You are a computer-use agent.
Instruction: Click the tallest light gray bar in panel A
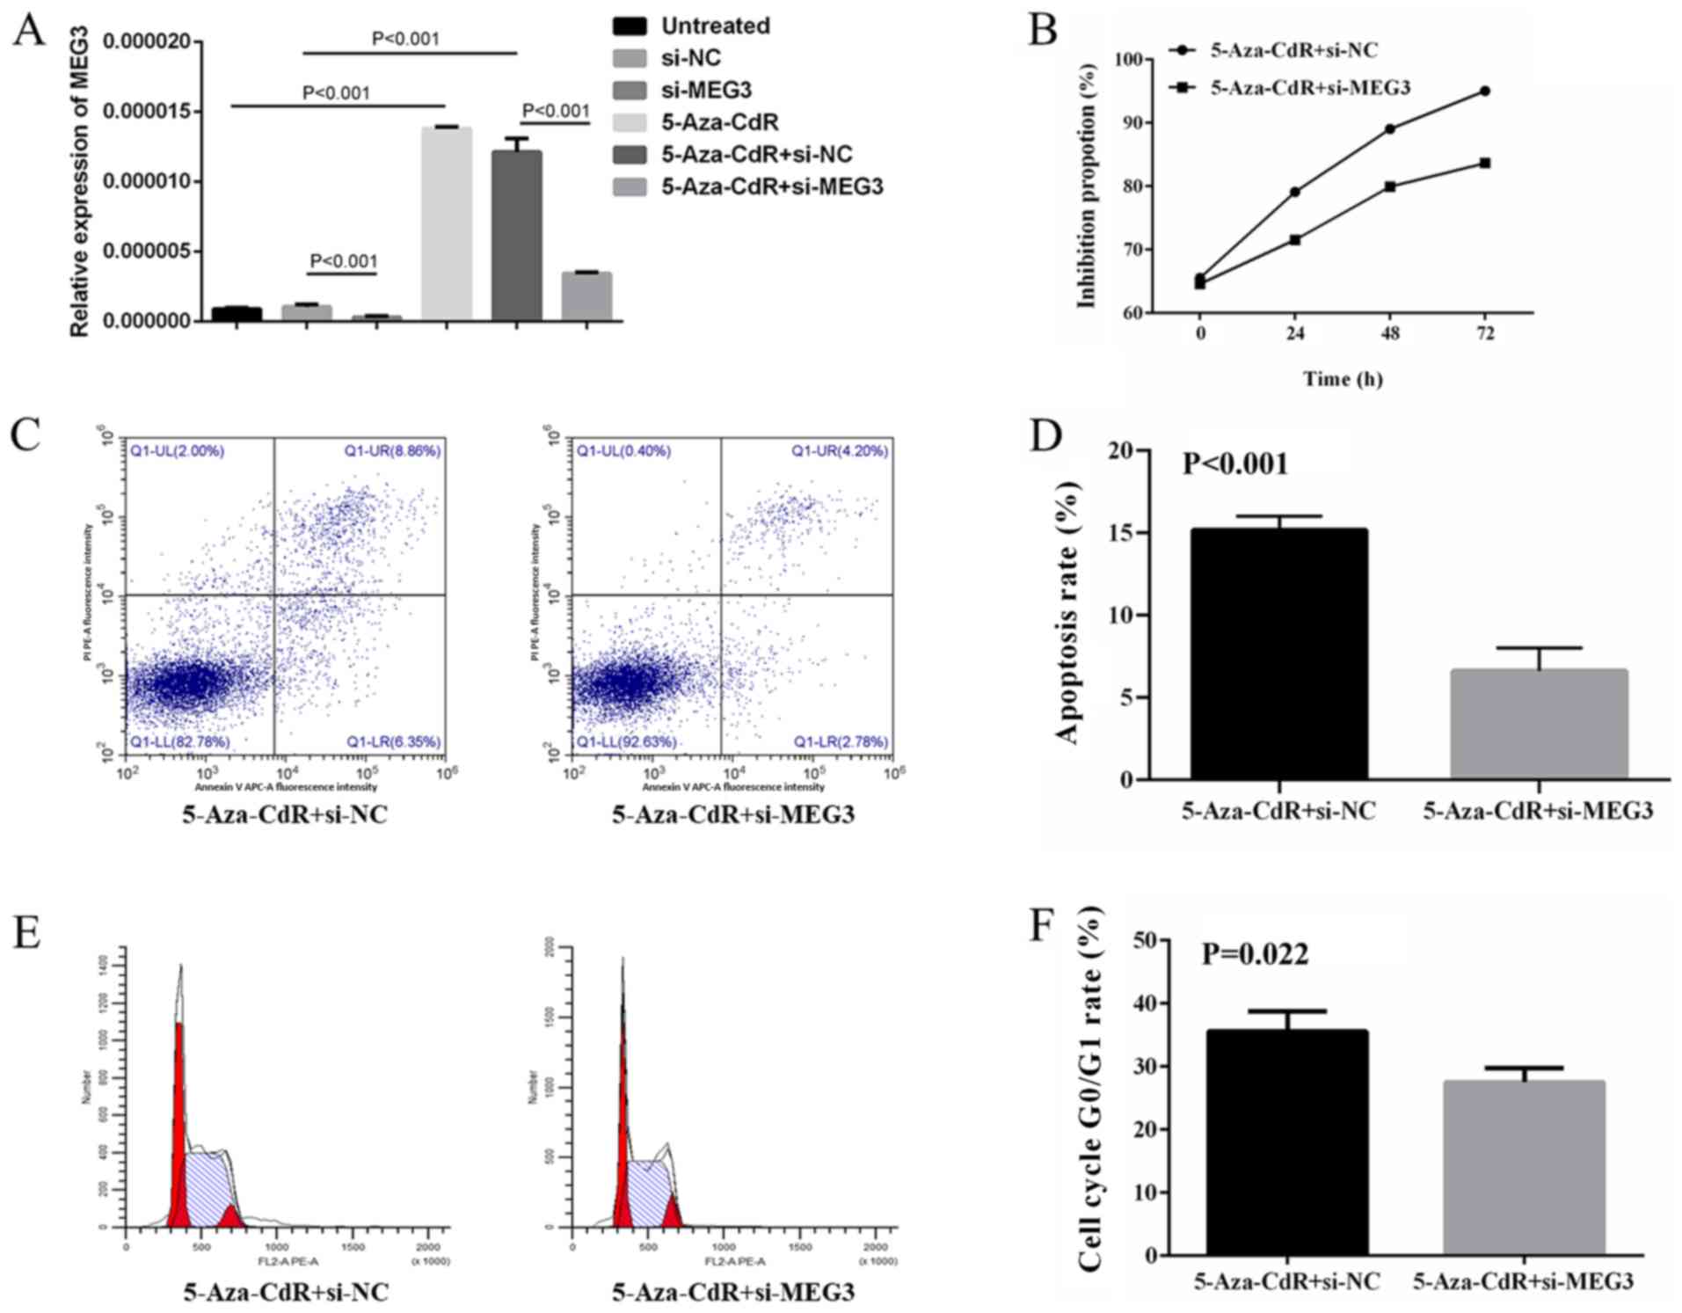(x=447, y=223)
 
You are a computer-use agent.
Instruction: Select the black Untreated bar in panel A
(x=237, y=314)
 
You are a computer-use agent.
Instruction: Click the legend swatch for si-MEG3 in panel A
(x=630, y=91)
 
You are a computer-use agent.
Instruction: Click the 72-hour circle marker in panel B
(x=1485, y=91)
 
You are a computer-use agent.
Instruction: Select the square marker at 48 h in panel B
(x=1390, y=186)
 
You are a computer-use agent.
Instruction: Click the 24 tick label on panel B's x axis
(x=1295, y=334)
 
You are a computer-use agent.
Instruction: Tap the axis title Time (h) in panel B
(x=1343, y=379)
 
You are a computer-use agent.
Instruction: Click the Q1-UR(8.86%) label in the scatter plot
(x=392, y=451)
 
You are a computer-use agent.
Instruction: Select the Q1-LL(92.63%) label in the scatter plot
(x=626, y=741)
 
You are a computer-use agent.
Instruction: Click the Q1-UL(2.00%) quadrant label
(x=178, y=451)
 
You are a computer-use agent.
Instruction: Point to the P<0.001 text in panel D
(x=1234, y=463)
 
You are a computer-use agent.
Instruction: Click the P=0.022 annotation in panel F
(x=1255, y=953)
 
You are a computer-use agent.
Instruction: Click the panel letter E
(x=26, y=932)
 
